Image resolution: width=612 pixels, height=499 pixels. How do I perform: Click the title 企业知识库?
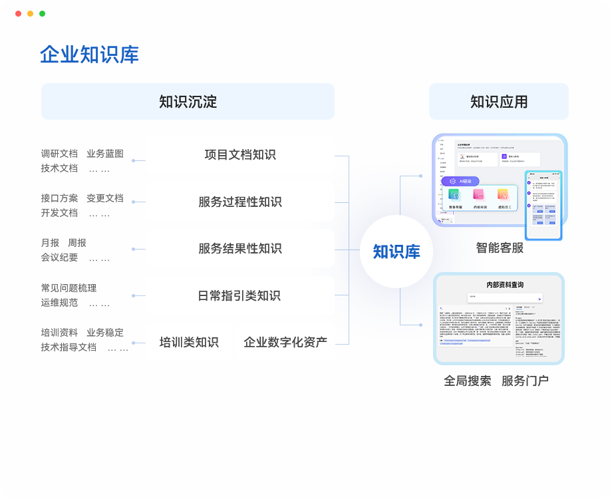(89, 55)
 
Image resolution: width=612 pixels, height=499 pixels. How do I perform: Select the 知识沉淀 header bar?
(188, 102)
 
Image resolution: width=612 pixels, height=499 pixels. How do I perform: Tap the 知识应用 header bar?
(499, 102)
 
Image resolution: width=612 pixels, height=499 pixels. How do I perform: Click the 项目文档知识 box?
(239, 155)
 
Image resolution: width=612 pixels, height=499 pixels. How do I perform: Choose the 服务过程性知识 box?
(239, 202)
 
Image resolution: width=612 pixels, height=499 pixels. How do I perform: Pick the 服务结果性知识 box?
(239, 249)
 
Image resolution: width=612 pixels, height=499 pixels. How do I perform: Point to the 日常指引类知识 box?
(239, 295)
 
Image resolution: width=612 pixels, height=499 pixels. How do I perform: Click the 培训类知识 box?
(189, 343)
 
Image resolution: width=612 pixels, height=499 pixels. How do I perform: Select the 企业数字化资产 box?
(285, 343)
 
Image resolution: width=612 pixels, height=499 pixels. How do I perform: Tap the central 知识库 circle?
(396, 251)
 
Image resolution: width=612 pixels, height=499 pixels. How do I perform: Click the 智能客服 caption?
(499, 248)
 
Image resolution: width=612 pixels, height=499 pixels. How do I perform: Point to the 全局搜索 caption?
(467, 381)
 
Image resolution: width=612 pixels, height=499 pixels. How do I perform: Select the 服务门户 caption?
(525, 381)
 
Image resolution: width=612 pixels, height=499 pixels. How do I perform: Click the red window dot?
(18, 13)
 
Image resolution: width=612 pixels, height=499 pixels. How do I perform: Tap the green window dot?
(42, 13)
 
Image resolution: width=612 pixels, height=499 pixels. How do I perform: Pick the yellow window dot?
(30, 13)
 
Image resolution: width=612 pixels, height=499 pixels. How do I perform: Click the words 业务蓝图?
(105, 154)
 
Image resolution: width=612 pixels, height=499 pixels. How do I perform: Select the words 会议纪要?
(59, 257)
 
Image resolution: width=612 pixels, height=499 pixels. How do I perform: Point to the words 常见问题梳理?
(69, 288)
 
